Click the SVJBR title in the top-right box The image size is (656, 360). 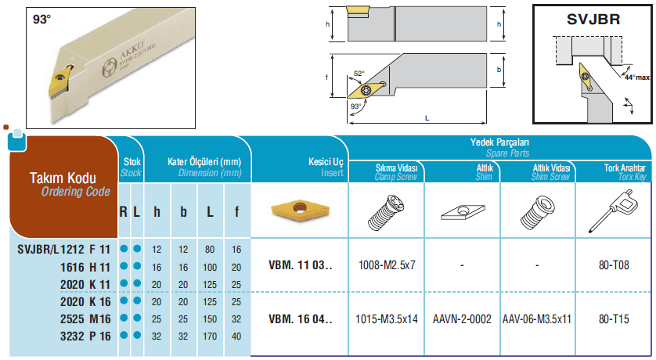click(593, 20)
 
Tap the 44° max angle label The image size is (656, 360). click(636, 77)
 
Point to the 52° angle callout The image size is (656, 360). click(359, 74)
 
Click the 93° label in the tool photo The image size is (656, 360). click(41, 20)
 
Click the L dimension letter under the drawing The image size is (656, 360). click(427, 118)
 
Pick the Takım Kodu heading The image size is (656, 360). click(63, 178)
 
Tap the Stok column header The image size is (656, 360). click(132, 162)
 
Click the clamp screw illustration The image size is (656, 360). click(386, 212)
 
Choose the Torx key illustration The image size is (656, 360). click(615, 211)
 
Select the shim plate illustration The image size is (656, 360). click(463, 212)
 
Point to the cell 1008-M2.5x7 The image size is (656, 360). click(387, 265)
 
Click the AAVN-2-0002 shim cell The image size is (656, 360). click(462, 319)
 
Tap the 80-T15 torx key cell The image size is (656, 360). click(614, 319)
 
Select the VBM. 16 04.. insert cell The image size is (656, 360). click(301, 319)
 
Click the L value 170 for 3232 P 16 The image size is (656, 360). click(210, 337)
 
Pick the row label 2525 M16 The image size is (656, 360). click(85, 319)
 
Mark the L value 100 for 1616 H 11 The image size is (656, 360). click(210, 267)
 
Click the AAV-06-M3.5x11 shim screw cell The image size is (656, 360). click(537, 319)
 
